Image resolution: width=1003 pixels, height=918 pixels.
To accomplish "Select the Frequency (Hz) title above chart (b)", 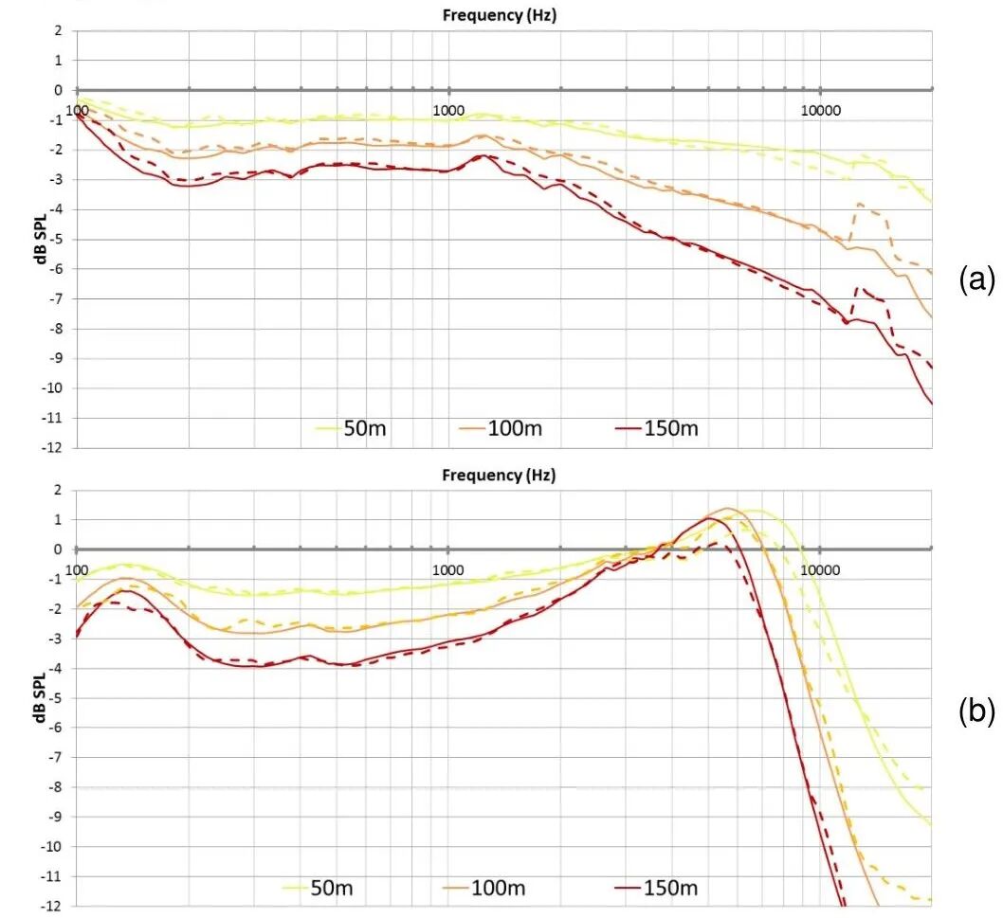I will (499, 476).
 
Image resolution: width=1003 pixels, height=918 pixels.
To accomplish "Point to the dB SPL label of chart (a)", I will (43, 238).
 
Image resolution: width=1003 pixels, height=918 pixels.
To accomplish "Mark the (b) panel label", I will (976, 713).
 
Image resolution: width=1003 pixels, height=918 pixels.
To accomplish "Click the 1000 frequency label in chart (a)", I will (448, 111).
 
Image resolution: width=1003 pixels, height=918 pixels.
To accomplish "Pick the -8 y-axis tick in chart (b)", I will (57, 786).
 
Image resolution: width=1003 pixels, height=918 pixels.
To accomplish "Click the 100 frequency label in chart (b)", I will (79, 570).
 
